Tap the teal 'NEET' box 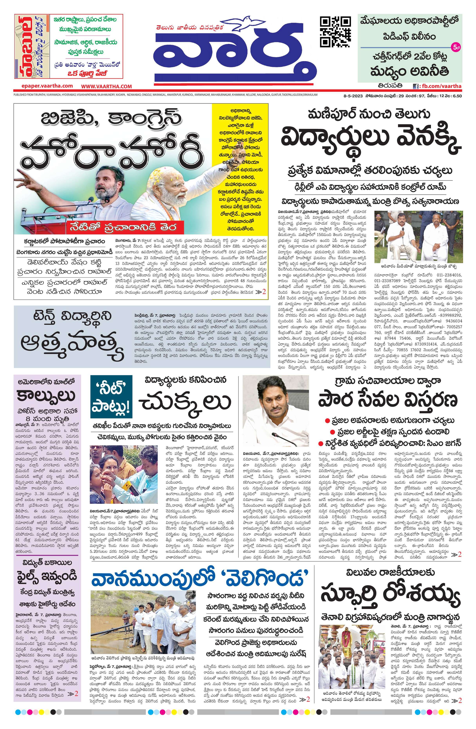(111, 396)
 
